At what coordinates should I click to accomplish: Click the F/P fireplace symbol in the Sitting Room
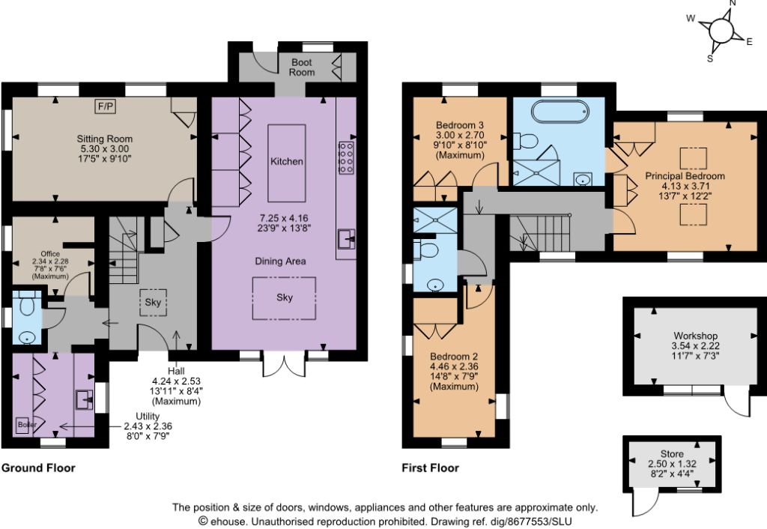coord(106,106)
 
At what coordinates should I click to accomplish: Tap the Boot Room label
coord(302,67)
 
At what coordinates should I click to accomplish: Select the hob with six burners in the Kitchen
coord(346,157)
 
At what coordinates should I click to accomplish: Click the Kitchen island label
coord(287,161)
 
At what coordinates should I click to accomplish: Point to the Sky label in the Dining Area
coord(284,297)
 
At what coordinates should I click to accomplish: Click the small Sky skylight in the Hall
coord(153,303)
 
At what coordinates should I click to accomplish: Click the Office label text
coord(50,253)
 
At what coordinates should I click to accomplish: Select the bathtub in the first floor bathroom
coord(560,112)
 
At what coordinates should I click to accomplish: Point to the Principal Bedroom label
coord(685,175)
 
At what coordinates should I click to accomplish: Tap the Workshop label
coord(695,336)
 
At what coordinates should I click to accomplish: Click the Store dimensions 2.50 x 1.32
coord(672,463)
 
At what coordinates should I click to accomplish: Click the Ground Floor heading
coord(39,468)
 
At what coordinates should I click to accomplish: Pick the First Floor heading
coord(431,468)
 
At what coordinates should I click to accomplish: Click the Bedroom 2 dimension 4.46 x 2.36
coord(454,366)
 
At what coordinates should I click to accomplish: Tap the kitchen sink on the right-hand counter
coord(346,239)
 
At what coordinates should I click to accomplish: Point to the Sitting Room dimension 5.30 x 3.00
coord(104,149)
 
